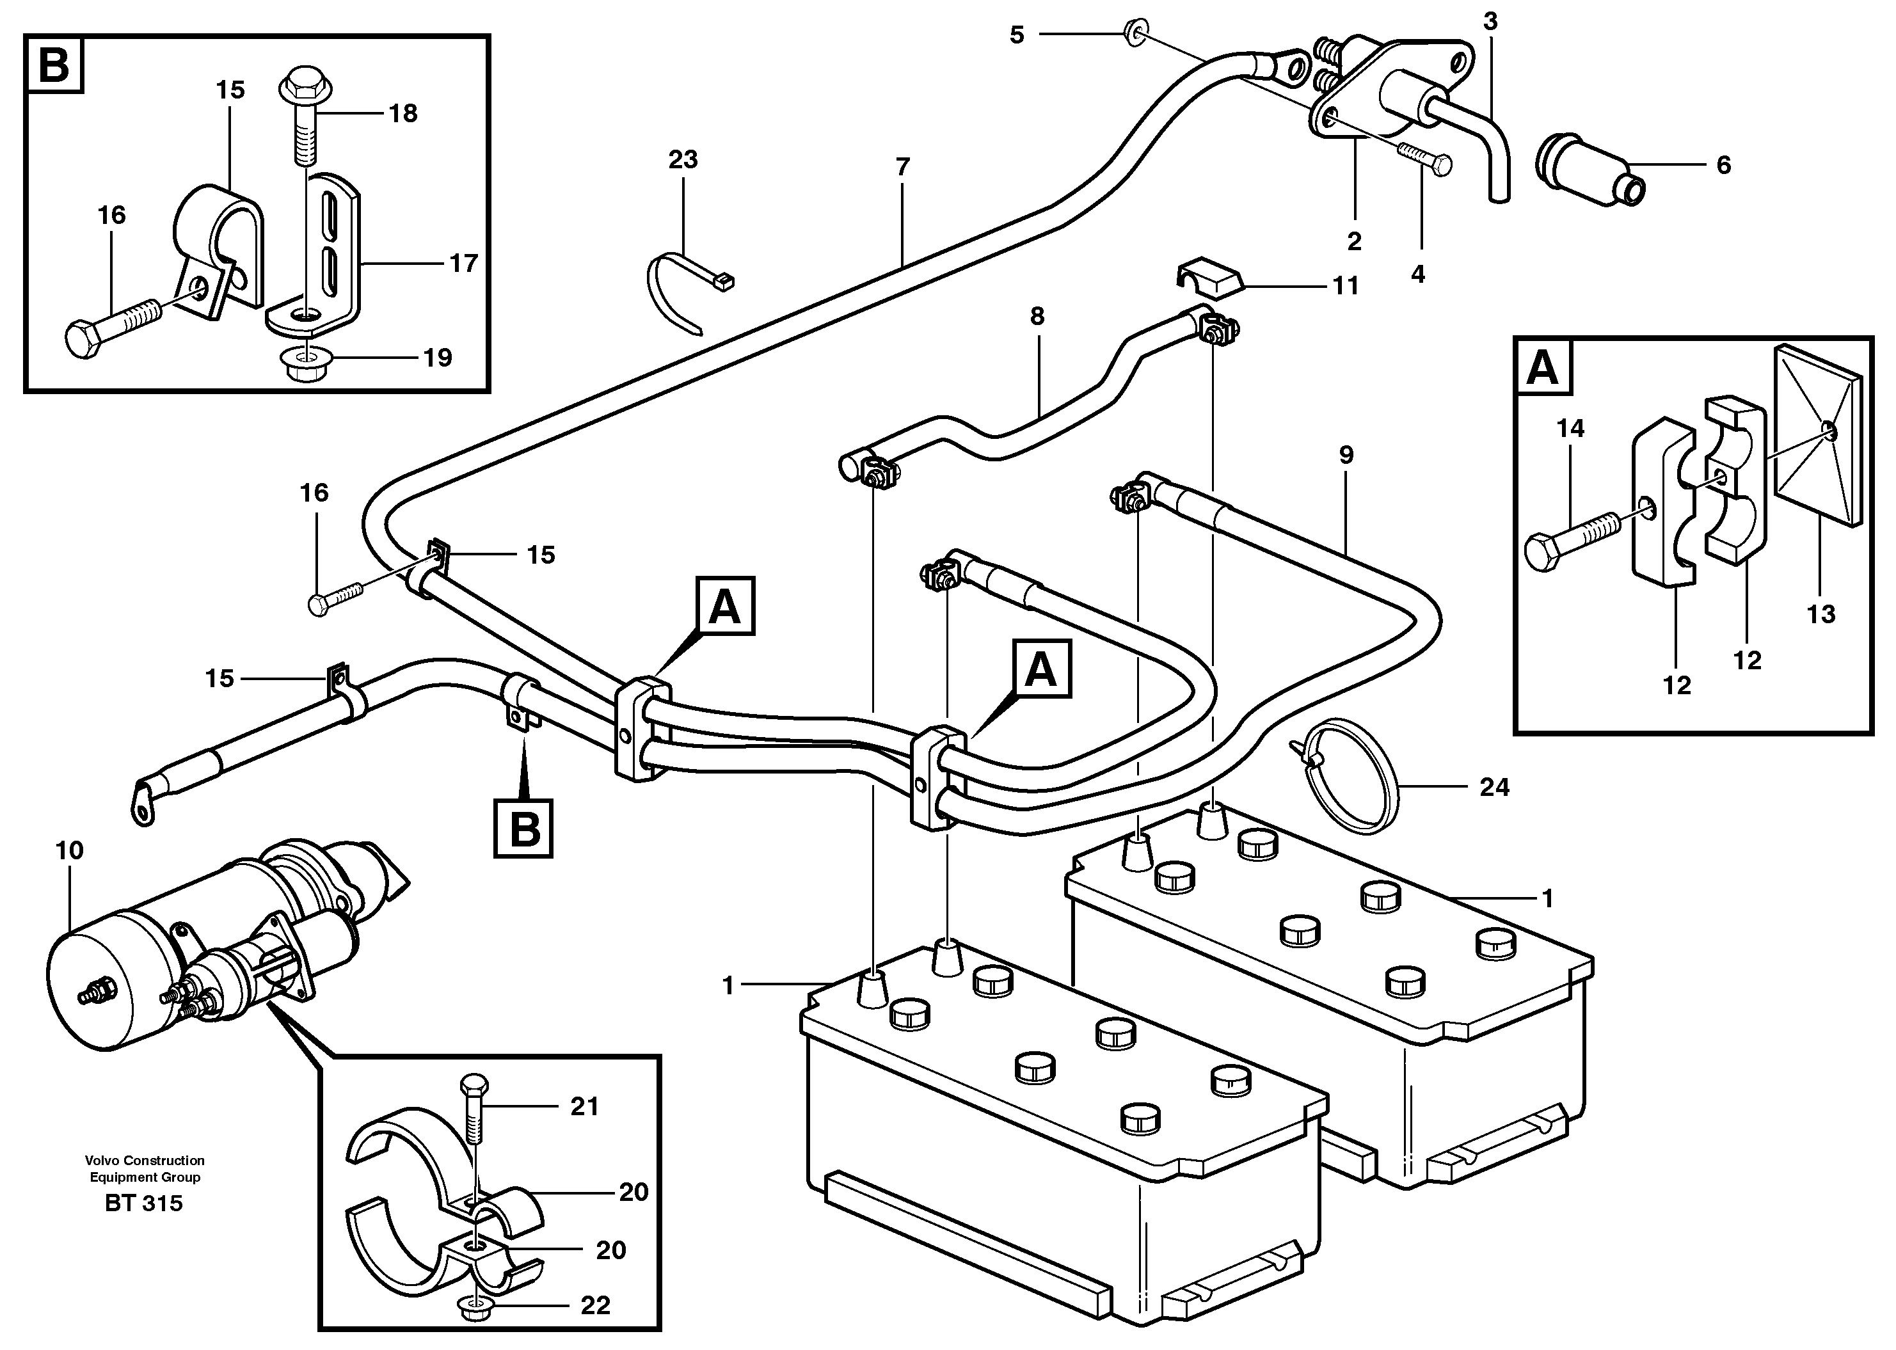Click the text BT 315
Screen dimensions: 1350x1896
tap(144, 1203)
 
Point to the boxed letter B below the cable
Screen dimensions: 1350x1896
tap(523, 827)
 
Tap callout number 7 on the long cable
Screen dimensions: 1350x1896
tap(903, 167)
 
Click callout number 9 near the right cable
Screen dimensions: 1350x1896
tap(1346, 455)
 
